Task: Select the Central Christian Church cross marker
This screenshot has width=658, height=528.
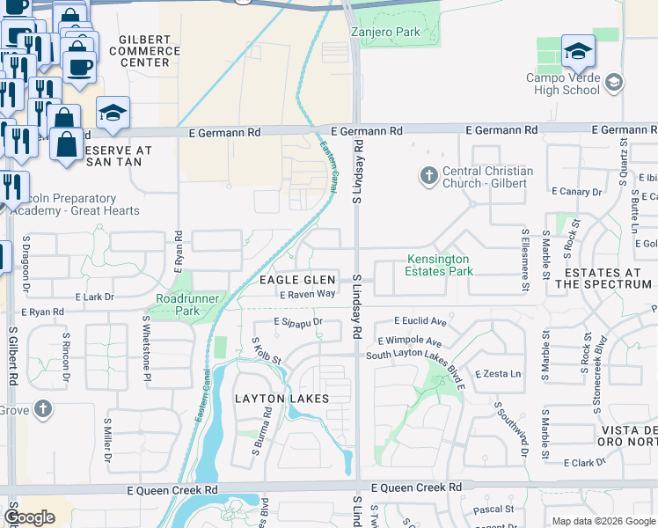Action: (429, 176)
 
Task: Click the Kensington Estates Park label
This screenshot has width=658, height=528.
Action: (438, 266)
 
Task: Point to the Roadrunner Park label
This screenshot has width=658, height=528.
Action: (183, 304)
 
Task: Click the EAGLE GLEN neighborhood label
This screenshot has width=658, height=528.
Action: (297, 280)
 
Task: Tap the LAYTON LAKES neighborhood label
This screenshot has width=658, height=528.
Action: (281, 399)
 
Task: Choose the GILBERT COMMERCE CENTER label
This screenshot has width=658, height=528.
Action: (144, 51)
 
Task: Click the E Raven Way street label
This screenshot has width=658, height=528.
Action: (308, 295)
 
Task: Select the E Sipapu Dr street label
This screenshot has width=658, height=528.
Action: (298, 323)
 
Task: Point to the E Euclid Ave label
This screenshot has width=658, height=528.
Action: (420, 321)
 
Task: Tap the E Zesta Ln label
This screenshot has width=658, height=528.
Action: (498, 374)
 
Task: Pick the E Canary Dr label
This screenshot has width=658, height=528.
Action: (576, 191)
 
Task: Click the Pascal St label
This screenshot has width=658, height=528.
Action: (493, 509)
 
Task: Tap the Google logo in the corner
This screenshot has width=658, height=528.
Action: (30, 517)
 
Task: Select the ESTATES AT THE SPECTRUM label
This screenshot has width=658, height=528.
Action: (603, 279)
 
